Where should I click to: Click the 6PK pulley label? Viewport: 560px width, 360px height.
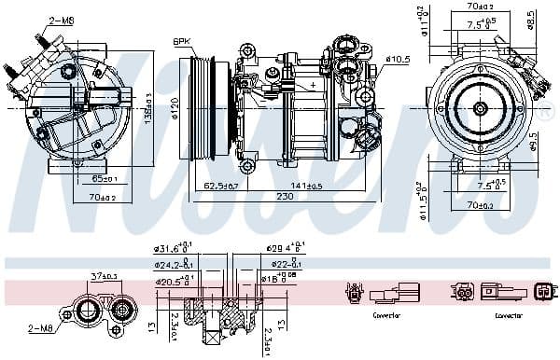coord(182,41)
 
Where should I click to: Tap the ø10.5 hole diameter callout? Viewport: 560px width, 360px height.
coord(399,59)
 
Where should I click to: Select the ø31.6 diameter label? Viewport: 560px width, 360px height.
coord(170,249)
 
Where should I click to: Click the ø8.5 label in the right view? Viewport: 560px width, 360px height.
coord(531,20)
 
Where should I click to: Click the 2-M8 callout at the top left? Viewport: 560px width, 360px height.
coord(63,19)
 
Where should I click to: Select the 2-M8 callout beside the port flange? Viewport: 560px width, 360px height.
coord(42,326)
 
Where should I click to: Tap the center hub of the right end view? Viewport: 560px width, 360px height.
coord(479,108)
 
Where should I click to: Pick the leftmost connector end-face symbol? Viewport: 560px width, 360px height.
coord(352,296)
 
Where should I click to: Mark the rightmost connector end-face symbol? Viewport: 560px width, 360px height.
coord(543,296)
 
